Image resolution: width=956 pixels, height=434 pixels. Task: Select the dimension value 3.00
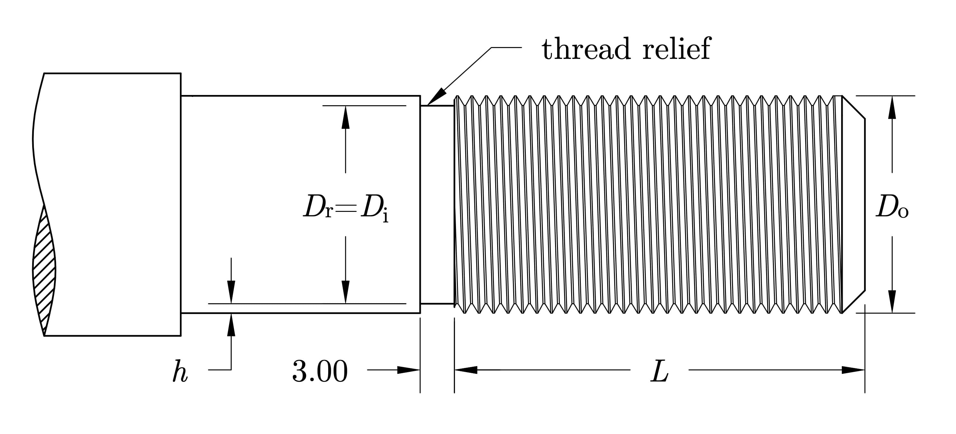click(x=320, y=371)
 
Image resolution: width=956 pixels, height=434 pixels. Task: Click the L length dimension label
click(x=659, y=372)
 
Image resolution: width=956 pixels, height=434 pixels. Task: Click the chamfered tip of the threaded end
click(x=854, y=204)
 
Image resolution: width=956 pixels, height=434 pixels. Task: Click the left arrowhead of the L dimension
click(x=465, y=370)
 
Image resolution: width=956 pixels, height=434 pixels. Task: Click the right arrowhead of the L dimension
click(x=854, y=370)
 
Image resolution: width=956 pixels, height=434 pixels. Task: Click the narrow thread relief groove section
click(x=437, y=204)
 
